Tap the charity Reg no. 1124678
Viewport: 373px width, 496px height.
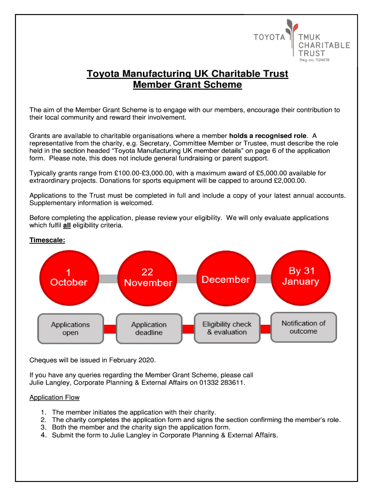point(315,60)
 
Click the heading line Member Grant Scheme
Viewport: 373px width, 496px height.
point(187,85)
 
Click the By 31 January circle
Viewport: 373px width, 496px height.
point(300,277)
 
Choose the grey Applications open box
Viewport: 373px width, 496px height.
point(70,328)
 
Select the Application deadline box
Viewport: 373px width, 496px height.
point(149,328)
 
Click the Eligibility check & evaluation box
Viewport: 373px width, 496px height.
point(227,328)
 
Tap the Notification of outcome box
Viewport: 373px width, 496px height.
point(303,327)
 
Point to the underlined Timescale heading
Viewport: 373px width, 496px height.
point(47,240)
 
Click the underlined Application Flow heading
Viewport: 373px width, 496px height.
point(54,398)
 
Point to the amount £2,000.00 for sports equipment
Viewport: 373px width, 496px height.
point(289,181)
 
